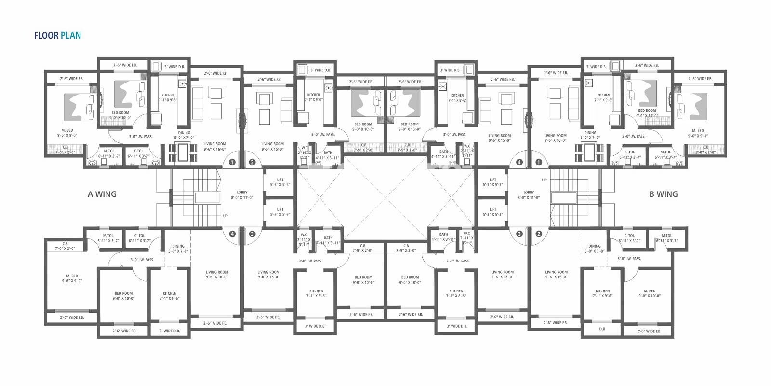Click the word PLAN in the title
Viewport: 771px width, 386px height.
[x=71, y=35]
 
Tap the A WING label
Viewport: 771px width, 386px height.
[x=102, y=194]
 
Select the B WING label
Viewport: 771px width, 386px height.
[x=663, y=194]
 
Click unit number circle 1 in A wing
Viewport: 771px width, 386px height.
[x=232, y=162]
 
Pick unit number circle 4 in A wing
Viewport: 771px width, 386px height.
[x=232, y=234]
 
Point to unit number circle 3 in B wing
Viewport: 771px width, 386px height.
[x=519, y=234]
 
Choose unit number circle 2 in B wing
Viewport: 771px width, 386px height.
[x=539, y=234]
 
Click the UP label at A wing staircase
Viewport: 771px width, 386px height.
[x=225, y=216]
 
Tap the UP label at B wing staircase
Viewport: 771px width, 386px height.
[x=544, y=180]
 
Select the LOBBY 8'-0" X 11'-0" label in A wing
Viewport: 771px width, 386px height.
[x=242, y=195]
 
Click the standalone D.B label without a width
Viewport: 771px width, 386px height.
[x=602, y=329]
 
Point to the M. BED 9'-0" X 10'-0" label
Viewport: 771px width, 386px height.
[x=649, y=293]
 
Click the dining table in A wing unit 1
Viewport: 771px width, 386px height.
[x=184, y=152]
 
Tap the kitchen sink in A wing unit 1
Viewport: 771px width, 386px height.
[x=183, y=84]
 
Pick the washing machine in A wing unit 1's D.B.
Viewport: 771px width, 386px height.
[x=156, y=67]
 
